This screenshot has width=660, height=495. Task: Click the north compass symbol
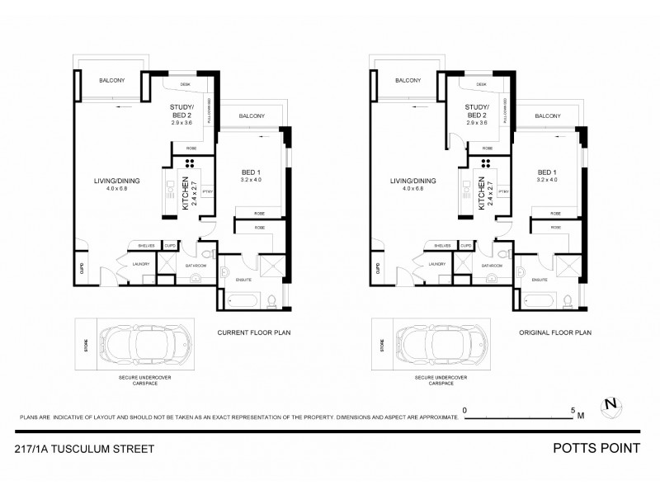610,404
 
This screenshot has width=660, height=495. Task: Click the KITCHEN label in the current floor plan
186,194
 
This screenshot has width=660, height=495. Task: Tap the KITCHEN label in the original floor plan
483,194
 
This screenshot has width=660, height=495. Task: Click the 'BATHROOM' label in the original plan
493,266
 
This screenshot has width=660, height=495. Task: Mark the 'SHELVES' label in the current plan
144,245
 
